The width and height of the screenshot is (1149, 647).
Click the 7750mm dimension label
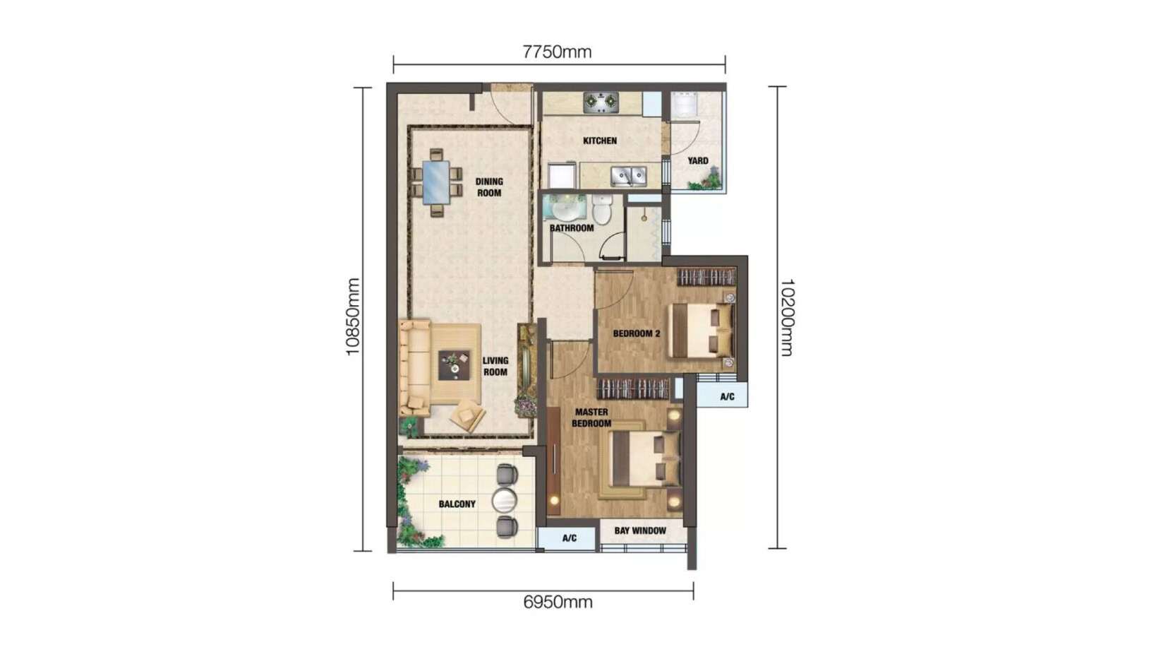tap(557, 52)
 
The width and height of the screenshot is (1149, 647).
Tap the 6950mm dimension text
tap(558, 602)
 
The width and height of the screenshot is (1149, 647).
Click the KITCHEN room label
tap(600, 141)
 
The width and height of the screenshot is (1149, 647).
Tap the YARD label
tap(698, 161)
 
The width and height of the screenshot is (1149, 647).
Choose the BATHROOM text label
tap(572, 228)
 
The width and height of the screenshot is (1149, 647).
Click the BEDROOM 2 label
tap(636, 333)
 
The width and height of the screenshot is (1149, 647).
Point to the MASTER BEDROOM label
tap(591, 417)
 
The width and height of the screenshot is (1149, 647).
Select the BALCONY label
tap(457, 504)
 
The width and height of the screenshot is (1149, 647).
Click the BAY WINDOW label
tap(640, 530)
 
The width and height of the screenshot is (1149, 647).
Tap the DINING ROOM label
tap(489, 187)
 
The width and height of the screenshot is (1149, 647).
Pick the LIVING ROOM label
tap(495, 366)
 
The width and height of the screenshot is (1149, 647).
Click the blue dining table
tap(436, 182)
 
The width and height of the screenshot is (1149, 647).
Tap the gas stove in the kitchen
tap(601, 103)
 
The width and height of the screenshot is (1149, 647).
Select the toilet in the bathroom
tap(602, 210)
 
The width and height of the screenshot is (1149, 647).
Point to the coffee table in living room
tap(454, 365)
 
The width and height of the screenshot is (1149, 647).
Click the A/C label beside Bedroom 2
tap(727, 397)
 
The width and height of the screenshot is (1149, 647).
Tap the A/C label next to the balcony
tap(570, 538)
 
